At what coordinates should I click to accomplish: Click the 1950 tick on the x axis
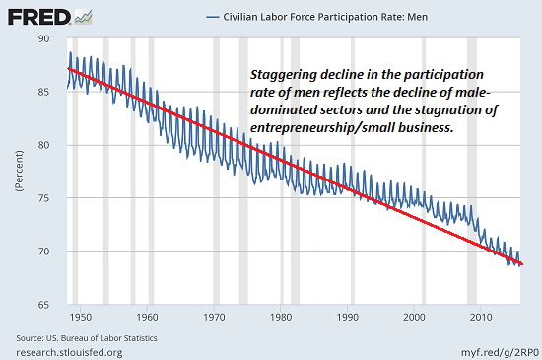pos(80,318)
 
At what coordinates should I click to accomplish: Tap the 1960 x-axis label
pos(147,318)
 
